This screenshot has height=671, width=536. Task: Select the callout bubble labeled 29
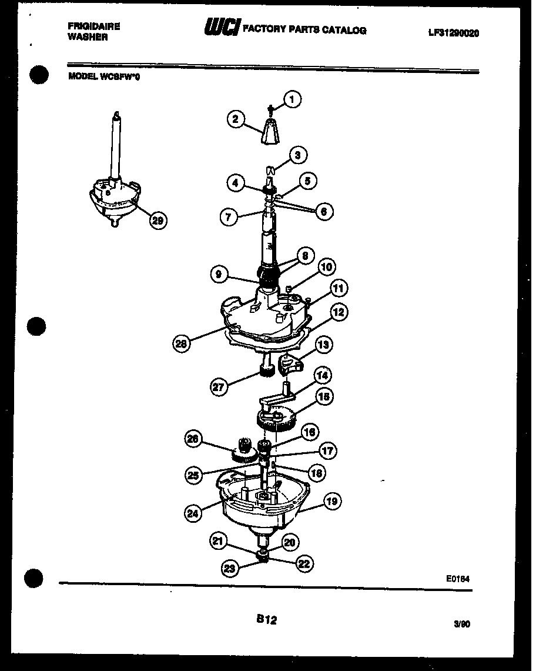[157, 221]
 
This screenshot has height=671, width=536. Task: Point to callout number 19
[332, 501]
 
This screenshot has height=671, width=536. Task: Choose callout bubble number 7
[229, 216]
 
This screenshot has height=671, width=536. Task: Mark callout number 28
[182, 343]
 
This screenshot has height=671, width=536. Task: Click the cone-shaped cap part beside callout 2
[270, 131]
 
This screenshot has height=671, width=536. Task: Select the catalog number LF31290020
[453, 34]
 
